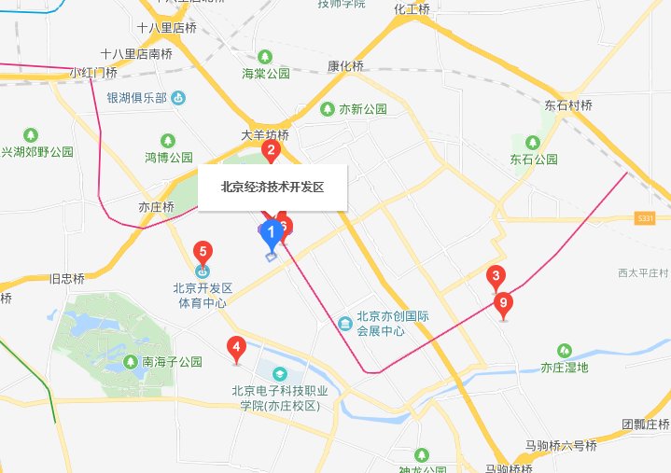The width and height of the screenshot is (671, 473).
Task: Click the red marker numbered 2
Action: click(271, 149)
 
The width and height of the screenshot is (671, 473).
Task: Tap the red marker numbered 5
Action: click(202, 251)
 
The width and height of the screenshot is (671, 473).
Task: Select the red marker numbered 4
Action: click(236, 350)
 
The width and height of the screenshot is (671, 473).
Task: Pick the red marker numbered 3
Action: click(496, 275)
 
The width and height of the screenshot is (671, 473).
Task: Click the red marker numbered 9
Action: click(504, 302)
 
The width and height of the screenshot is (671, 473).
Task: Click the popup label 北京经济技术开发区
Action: click(272, 187)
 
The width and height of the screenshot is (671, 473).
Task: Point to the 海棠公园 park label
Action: click(266, 74)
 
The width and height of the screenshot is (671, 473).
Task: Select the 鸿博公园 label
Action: click(168, 157)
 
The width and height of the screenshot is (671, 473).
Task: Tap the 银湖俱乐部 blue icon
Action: click(178, 97)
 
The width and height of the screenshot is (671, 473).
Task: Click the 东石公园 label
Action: click(533, 160)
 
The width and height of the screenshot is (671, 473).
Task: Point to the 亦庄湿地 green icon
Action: click(564, 350)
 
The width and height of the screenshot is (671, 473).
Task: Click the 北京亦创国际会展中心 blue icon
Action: click(345, 324)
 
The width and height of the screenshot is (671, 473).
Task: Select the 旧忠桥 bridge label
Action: click(66, 278)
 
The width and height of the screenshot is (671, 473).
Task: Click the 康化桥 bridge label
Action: click(344, 66)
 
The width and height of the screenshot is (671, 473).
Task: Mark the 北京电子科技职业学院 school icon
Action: click(276, 372)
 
